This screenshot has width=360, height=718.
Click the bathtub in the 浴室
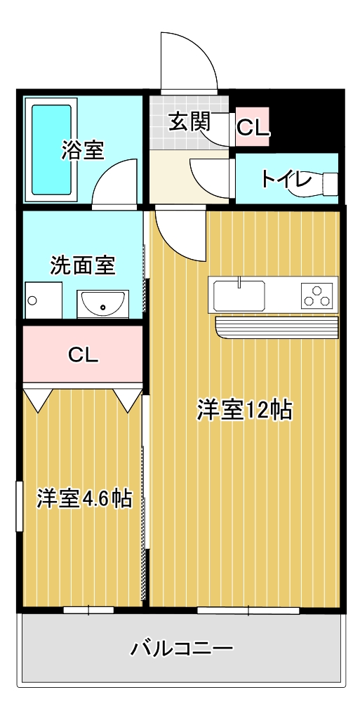point(52,150)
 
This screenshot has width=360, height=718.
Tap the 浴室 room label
point(83,150)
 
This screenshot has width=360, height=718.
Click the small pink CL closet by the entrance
point(253,127)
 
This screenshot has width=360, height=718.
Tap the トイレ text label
point(287,179)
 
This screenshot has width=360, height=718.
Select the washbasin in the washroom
point(103,304)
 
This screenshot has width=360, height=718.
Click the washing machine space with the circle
point(43,300)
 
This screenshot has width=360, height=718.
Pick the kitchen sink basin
point(239,295)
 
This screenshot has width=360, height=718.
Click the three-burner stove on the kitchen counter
point(316,295)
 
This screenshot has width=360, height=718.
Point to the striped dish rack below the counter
point(276,327)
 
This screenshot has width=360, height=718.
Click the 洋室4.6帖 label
point(85,499)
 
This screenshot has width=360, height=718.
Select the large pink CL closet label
point(83,354)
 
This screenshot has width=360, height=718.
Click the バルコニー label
point(182,649)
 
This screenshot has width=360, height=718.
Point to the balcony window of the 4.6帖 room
point(88,610)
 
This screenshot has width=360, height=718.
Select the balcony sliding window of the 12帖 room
point(248,610)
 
